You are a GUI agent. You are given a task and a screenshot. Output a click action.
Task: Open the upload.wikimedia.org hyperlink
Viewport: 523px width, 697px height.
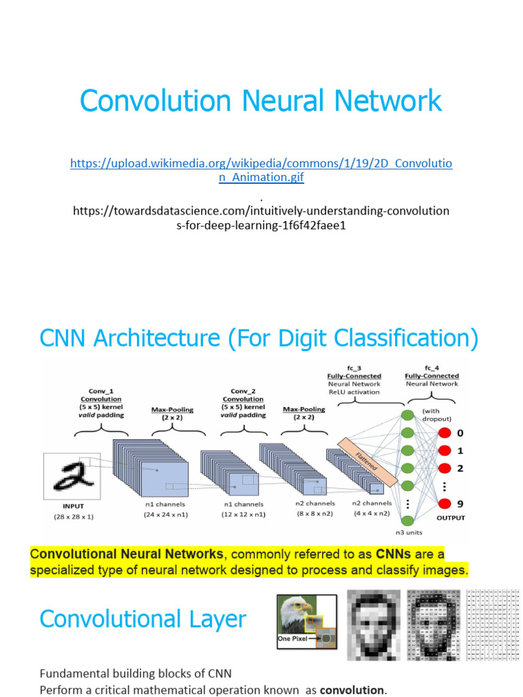click(261, 170)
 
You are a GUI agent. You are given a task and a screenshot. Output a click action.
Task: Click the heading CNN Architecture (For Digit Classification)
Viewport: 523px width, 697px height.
click(259, 338)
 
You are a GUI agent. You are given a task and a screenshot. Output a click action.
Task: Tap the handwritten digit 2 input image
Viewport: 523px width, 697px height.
click(72, 477)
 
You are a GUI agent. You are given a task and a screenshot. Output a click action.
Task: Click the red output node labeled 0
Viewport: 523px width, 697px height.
click(445, 433)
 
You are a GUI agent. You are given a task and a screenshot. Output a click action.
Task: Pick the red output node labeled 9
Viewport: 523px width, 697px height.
click(445, 504)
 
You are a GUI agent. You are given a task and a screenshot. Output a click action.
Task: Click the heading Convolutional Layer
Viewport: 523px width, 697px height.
click(143, 619)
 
